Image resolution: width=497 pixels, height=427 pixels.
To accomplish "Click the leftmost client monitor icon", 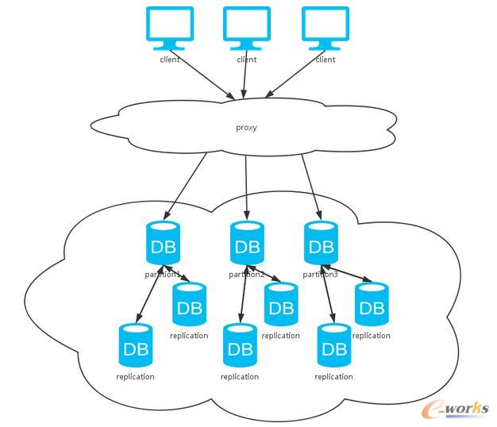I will click(x=170, y=26).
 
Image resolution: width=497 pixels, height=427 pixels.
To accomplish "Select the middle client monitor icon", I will click(x=247, y=26).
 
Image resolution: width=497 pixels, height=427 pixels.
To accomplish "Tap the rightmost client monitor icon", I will click(x=325, y=26).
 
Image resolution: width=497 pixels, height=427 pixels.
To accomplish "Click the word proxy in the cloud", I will click(x=247, y=127).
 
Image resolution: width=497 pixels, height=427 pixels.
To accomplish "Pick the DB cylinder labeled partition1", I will click(x=163, y=243).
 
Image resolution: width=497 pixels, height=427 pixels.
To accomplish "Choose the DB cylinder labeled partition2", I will click(x=247, y=243).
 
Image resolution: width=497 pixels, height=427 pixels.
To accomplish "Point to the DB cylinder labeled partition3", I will click(x=321, y=243).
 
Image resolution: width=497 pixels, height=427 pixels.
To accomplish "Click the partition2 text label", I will click(x=247, y=275).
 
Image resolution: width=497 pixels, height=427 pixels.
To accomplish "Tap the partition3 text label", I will click(x=321, y=275).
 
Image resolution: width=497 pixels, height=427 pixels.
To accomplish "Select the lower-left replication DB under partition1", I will click(x=135, y=345).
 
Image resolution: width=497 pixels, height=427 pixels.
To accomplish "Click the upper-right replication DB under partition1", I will click(x=189, y=305).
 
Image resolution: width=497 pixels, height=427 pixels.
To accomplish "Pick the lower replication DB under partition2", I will click(x=239, y=345).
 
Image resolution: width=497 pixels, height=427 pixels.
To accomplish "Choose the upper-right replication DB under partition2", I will click(x=280, y=305).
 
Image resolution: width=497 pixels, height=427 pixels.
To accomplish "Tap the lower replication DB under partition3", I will click(x=333, y=345).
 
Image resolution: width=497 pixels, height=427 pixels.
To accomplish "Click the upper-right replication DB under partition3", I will click(x=372, y=305).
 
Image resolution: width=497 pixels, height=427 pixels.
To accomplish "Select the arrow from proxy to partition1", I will click(x=187, y=185).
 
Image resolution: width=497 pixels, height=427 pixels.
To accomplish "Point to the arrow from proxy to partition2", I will click(x=247, y=185).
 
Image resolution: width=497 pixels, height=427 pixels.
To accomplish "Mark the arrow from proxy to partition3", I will click(x=310, y=185).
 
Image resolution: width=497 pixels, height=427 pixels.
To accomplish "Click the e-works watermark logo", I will click(x=456, y=407).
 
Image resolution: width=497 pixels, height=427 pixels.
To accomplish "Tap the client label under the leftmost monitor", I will click(x=170, y=60).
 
